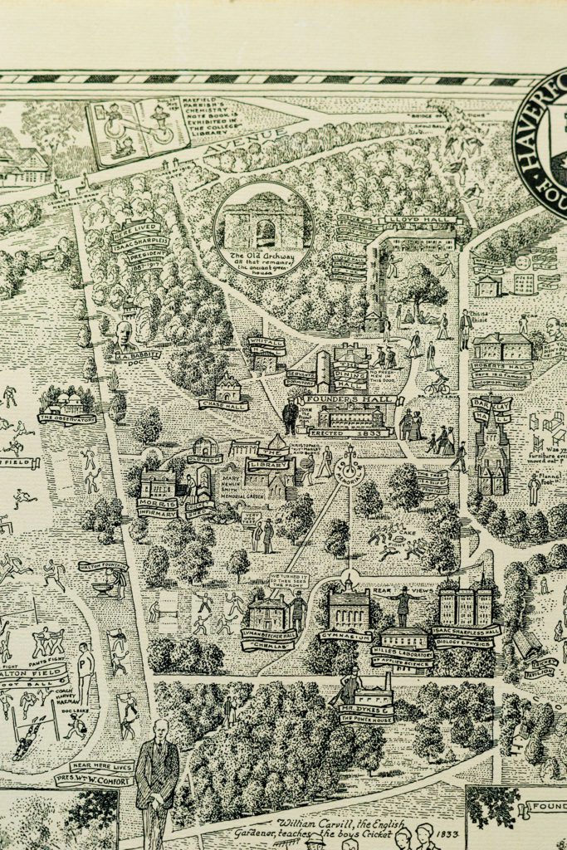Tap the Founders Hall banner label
point(341,399)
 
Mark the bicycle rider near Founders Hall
point(437,383)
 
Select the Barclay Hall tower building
point(491,452)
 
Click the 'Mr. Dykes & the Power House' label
point(366,712)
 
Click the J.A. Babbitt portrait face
point(123,335)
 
